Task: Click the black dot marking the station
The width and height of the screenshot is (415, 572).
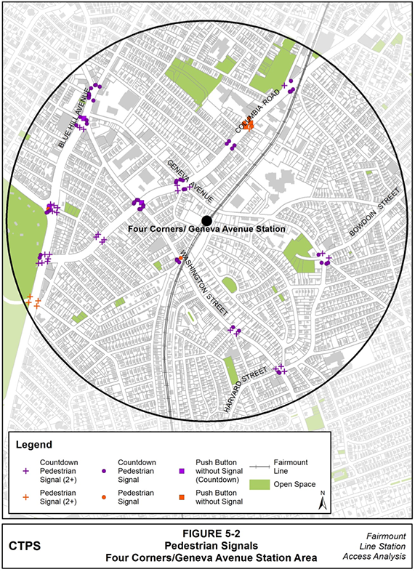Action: coord(207,219)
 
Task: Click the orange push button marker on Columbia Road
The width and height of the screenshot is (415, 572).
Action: coord(248,125)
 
